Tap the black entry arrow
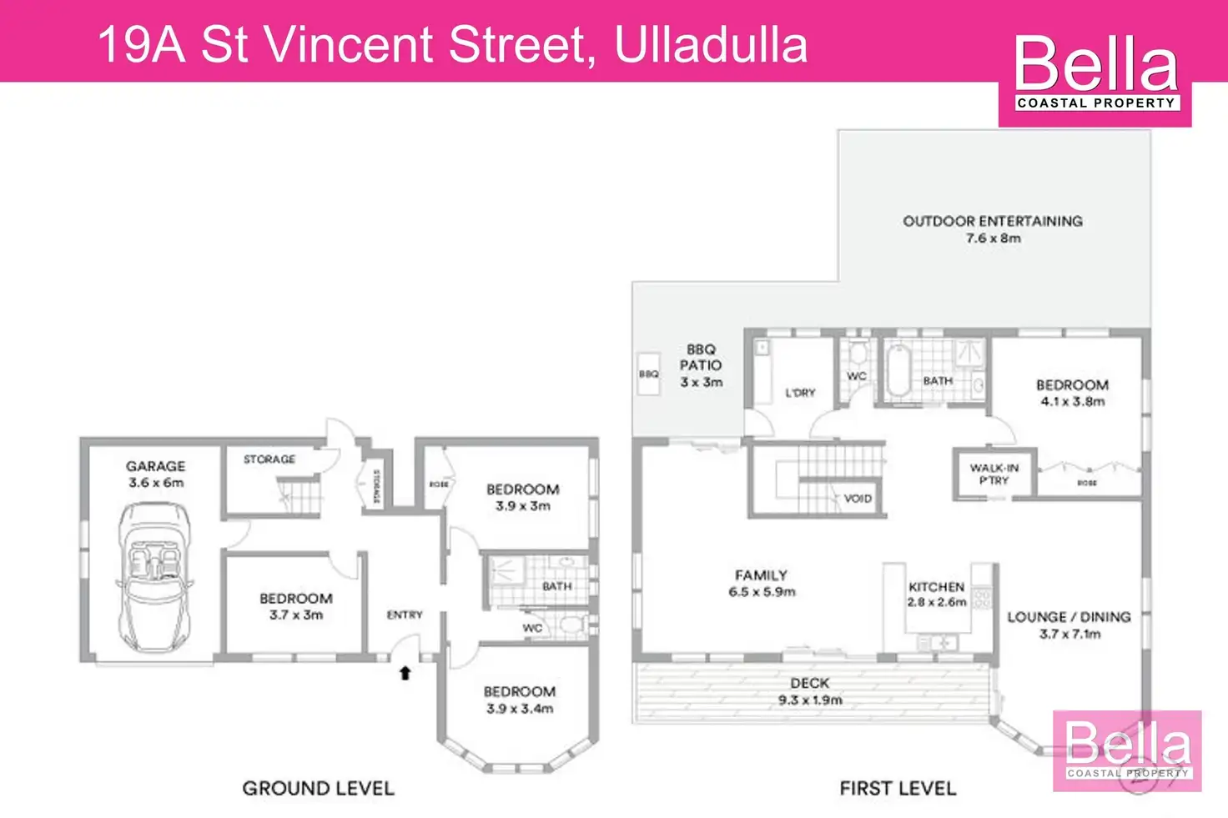405,672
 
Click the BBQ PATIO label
701,365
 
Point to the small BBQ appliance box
648,374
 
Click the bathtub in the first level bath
898,372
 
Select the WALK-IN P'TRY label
994,474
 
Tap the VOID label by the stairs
858,499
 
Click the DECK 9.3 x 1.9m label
810,691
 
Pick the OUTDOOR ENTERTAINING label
993,228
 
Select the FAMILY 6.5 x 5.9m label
761,583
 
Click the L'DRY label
800,393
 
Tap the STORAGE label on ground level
269,459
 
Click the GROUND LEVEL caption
318,788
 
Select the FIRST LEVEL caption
898,788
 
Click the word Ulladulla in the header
711,45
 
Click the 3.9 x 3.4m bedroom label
520,700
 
